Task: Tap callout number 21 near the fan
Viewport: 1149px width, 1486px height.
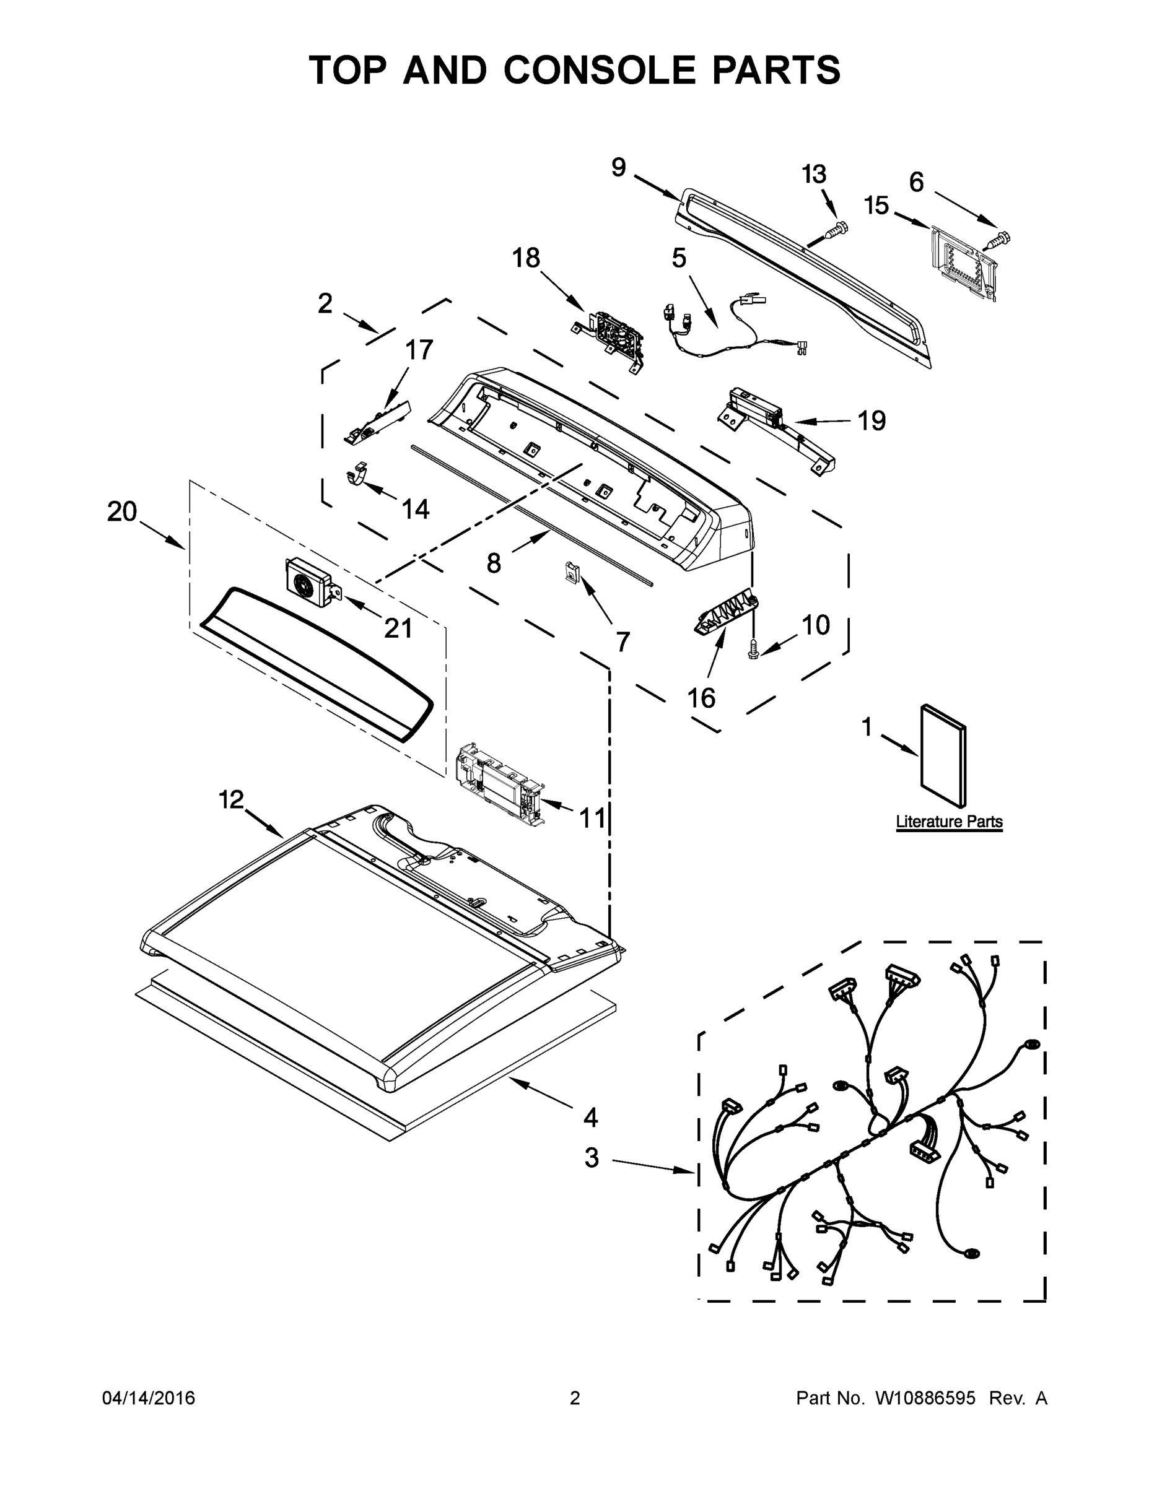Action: [x=398, y=628]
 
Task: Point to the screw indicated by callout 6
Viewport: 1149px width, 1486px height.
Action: [x=1000, y=239]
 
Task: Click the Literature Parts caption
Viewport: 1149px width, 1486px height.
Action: [x=949, y=821]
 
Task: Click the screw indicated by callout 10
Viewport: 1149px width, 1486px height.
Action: [x=754, y=649]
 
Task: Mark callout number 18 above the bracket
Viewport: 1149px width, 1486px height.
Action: [x=526, y=259]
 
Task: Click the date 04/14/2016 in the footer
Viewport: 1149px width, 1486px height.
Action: [x=149, y=1398]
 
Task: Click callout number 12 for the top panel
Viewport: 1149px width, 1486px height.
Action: [x=231, y=799]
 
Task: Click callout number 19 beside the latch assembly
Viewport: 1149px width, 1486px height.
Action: [x=872, y=420]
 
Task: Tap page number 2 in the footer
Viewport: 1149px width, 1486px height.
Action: [x=575, y=1398]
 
